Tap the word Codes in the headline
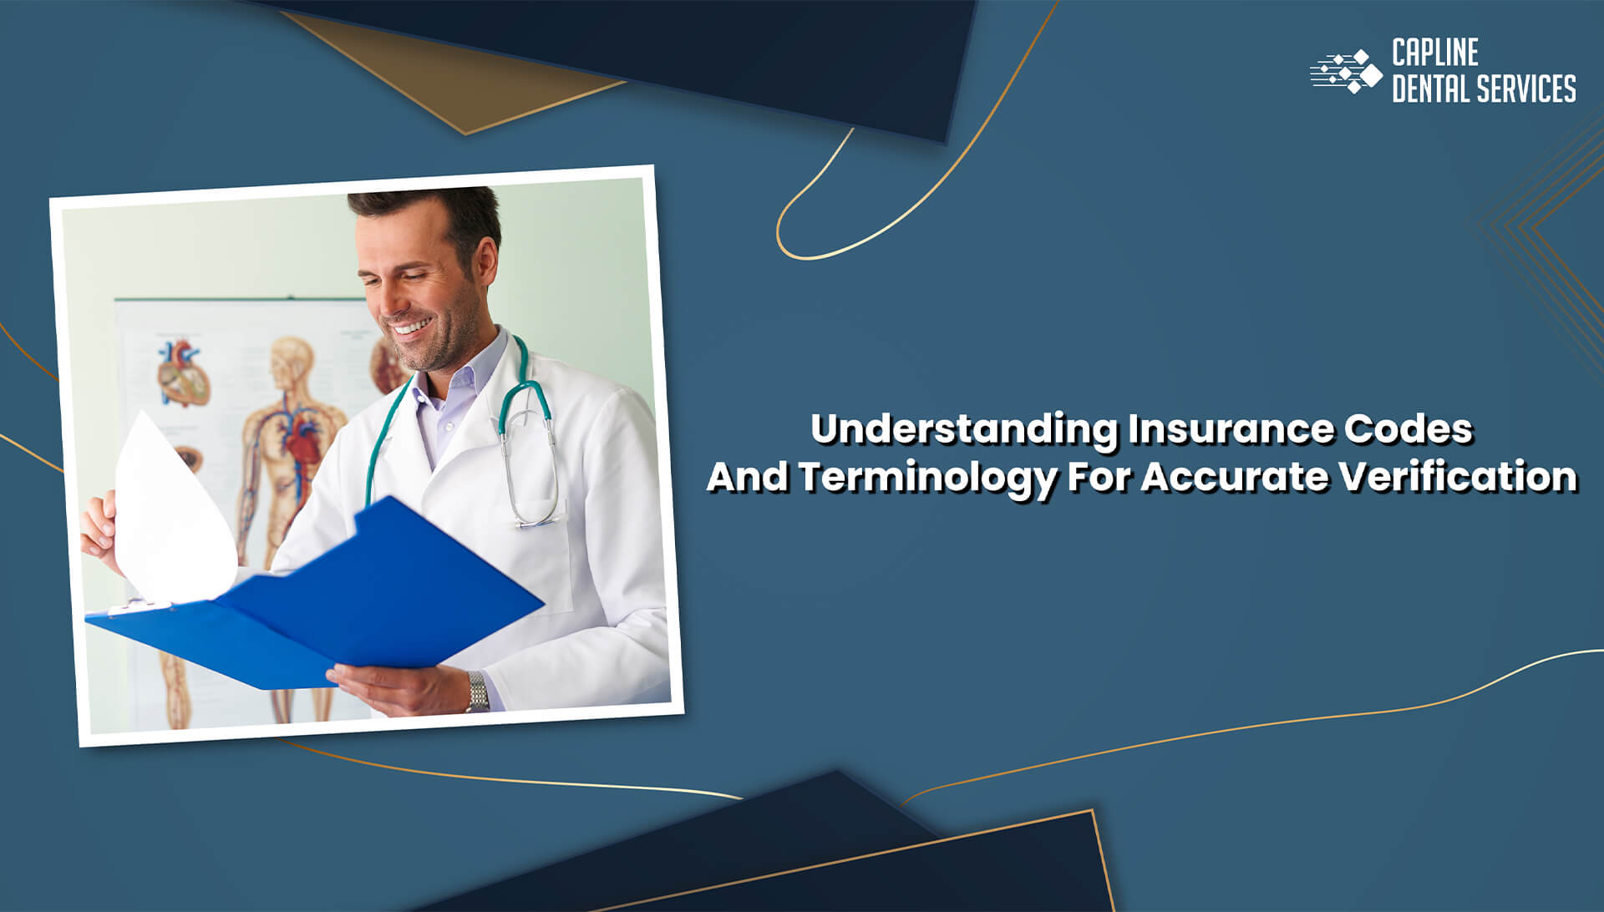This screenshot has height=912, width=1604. [1408, 429]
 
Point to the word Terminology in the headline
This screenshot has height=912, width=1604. [926, 478]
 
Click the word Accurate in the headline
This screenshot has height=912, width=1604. [1235, 478]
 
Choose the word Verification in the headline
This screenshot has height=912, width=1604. [1459, 478]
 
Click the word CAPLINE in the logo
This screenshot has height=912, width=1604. [1434, 53]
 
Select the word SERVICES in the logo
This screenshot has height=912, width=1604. [1525, 89]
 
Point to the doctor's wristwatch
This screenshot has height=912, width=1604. [477, 692]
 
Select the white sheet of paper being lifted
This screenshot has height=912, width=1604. [171, 509]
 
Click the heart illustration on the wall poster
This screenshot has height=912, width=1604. [182, 372]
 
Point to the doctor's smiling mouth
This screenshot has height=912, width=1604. [409, 329]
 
